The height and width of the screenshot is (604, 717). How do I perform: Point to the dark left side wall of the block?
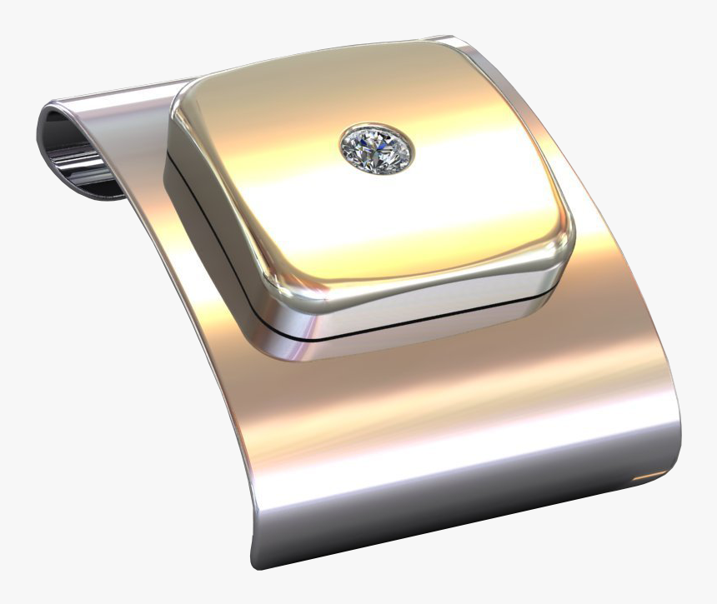point(200,217)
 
